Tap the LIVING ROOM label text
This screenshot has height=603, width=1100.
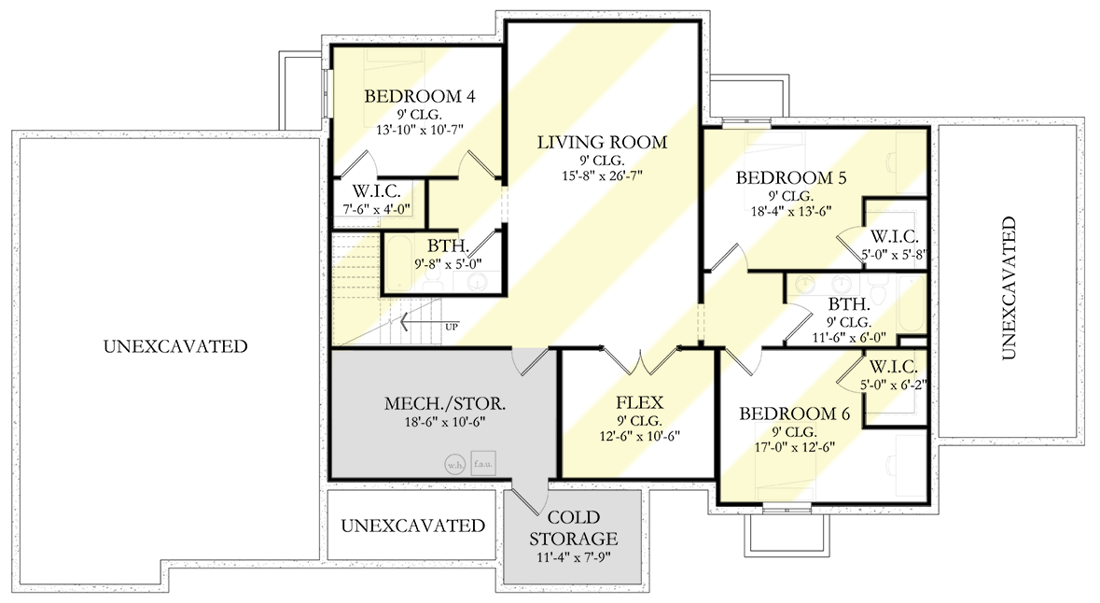[x=602, y=143]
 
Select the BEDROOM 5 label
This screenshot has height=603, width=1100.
[x=784, y=177]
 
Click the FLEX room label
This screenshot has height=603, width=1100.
[x=639, y=402]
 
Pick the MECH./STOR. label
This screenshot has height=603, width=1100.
[x=445, y=404]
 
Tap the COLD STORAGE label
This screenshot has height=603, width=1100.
[x=573, y=527]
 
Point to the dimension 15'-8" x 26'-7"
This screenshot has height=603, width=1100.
[x=602, y=175]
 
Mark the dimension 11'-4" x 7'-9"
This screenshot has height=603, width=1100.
[x=573, y=559]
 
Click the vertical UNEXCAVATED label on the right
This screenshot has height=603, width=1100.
[x=1008, y=288]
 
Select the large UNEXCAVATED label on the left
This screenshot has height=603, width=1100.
[x=175, y=346]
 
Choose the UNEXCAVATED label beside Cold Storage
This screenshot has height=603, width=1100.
[x=412, y=526]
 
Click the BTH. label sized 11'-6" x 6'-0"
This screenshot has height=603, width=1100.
[x=849, y=303]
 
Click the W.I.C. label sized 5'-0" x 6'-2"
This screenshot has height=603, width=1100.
[x=894, y=367]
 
